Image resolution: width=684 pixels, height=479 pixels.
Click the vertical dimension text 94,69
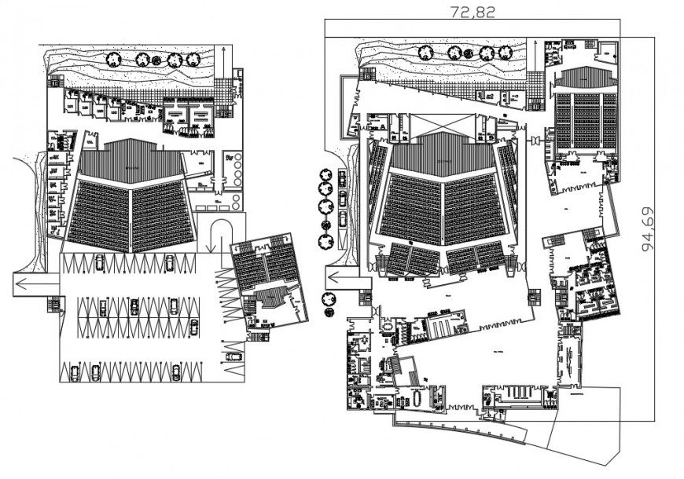(649, 229)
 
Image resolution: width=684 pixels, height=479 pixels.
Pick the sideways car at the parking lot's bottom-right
(234, 356)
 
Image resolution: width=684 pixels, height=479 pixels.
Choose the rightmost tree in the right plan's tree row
(504, 53)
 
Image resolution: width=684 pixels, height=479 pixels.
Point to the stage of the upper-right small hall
(586, 79)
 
